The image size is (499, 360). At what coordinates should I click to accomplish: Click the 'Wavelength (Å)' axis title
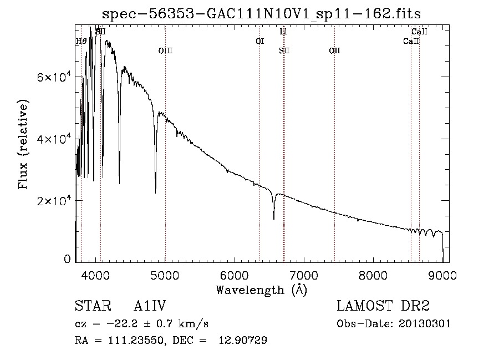pos(261,289)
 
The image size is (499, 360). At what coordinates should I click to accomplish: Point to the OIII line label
pos(165,51)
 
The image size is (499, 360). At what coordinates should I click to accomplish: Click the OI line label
pos(259,41)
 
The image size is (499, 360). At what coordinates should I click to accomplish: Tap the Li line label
pos(283,32)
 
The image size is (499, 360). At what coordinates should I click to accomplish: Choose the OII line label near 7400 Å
pos(334,51)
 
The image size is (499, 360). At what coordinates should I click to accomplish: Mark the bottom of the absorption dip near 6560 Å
pos(273,219)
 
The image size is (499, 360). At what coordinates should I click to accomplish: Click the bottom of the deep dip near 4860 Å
pos(155,192)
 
